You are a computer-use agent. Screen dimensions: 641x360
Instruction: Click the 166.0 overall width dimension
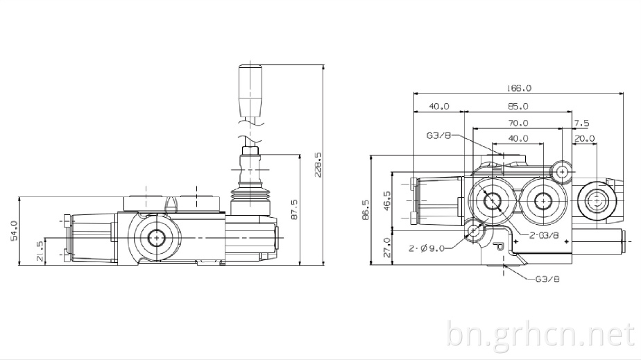(519, 88)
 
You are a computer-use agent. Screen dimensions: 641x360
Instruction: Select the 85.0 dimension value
(518, 106)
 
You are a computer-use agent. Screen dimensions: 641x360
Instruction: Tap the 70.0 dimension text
(518, 123)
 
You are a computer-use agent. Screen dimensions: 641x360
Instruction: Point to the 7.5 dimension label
(582, 123)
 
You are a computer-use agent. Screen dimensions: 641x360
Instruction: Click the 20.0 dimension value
(585, 139)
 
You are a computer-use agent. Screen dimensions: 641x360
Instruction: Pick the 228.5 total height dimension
(318, 165)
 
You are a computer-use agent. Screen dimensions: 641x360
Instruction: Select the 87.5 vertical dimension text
(294, 209)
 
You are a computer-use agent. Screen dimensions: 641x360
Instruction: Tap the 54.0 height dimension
(13, 231)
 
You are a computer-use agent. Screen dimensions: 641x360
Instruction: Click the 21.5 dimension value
(40, 251)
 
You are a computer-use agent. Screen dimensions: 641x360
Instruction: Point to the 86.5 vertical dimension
(366, 209)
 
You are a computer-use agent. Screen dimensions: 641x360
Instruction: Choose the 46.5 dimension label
(386, 200)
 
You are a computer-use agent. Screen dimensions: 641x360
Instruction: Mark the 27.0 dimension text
(386, 248)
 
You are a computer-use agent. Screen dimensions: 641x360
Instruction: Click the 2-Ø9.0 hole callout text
(427, 248)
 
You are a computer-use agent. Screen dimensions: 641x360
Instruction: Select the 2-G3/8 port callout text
(544, 235)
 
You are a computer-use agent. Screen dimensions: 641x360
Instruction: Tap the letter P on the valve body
(499, 246)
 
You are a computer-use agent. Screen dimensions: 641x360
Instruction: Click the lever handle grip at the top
(250, 91)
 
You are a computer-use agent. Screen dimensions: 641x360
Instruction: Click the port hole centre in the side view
(156, 237)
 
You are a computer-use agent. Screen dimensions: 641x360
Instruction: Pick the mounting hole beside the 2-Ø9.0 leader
(475, 231)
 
